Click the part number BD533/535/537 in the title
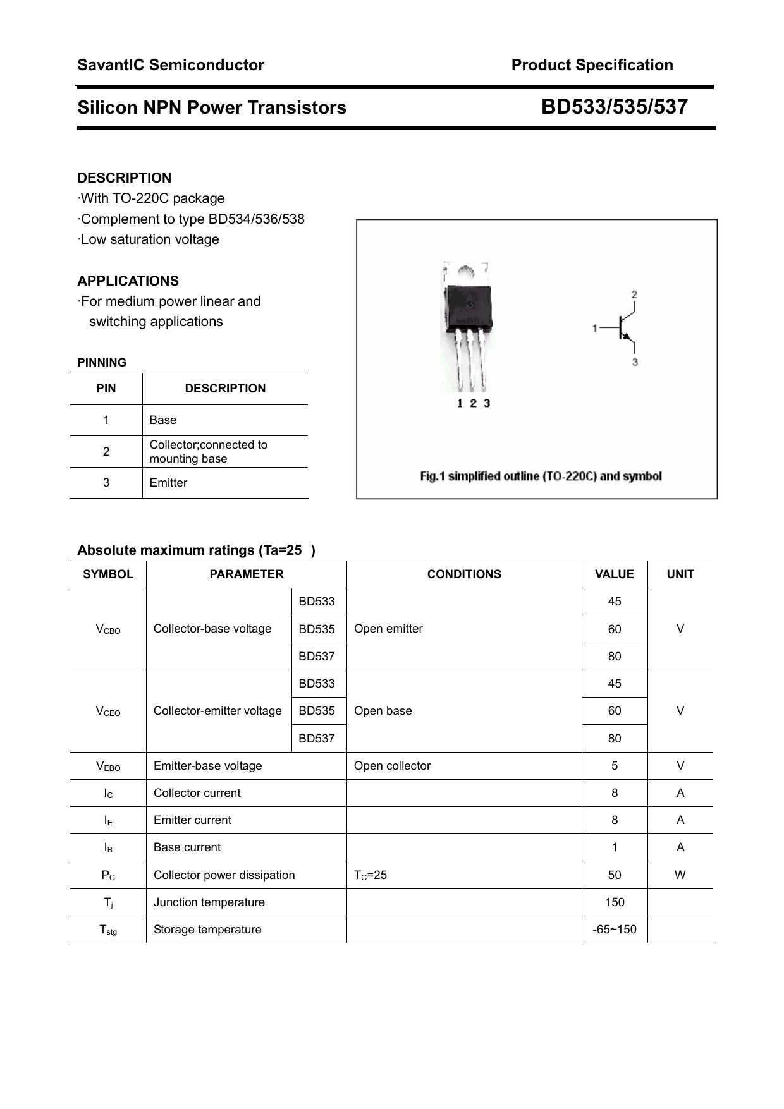click(x=614, y=107)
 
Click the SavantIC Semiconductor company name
click(x=171, y=65)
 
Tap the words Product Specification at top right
click(x=592, y=65)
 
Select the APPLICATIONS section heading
click(x=128, y=281)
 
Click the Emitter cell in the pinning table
click(x=168, y=483)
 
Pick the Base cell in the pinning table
click(x=163, y=420)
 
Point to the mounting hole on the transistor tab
click(x=466, y=270)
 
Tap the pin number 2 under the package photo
click(x=473, y=403)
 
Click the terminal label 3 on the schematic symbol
click(x=635, y=362)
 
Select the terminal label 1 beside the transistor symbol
click(x=594, y=328)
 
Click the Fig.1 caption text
click(x=541, y=476)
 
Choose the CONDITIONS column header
click(x=464, y=574)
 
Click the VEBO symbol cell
click(x=108, y=766)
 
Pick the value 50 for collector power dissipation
click(x=615, y=875)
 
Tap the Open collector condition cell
click(x=392, y=766)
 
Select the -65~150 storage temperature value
click(x=615, y=930)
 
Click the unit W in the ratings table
click(x=680, y=875)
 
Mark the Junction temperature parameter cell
click(x=209, y=902)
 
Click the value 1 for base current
click(x=615, y=847)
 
